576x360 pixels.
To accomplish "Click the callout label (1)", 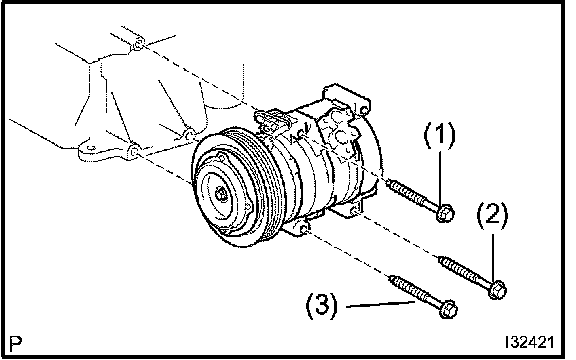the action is point(440,135).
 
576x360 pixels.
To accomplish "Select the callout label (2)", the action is point(493,215).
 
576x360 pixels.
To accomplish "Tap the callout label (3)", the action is point(322,305).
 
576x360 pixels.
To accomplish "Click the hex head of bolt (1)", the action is point(446,213).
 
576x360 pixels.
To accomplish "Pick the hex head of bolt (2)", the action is point(498,289).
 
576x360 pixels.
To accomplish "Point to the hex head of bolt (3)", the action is point(448,309).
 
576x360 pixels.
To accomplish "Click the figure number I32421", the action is point(529,342).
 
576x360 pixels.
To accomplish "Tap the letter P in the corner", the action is point(16,343).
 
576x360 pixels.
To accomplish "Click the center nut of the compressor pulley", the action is point(221,194).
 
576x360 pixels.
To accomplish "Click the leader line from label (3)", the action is point(381,304).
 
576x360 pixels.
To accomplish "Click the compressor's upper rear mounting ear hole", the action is point(363,110).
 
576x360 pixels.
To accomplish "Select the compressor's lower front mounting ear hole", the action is point(304,230).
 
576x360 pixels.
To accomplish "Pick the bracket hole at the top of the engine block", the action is point(137,45).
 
